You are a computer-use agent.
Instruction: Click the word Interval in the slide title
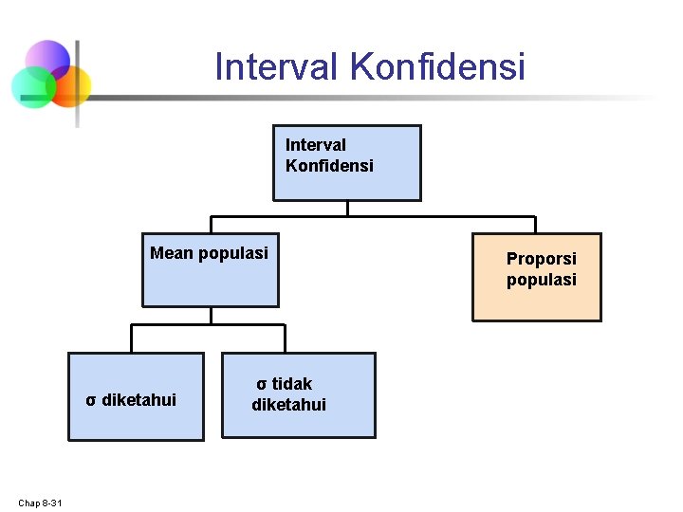click(277, 67)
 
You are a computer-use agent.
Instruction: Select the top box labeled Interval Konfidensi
click(346, 163)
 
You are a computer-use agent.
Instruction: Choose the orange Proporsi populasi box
click(537, 277)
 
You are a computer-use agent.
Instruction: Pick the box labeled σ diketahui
click(136, 396)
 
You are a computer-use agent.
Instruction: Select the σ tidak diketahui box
click(298, 395)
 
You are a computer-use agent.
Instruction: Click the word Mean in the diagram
click(172, 253)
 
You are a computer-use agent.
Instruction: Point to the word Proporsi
click(541, 259)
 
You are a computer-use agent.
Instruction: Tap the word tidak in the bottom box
click(292, 384)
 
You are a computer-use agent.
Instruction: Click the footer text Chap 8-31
click(40, 502)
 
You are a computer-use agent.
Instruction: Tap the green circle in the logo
click(32, 88)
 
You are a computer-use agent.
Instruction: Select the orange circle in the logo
click(70, 86)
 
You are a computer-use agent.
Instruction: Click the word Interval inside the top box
click(316, 145)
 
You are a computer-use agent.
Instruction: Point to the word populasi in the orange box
click(541, 280)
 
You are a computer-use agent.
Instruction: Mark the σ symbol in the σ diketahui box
click(90, 400)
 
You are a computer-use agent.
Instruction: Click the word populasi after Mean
click(233, 253)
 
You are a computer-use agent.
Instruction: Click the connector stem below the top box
click(347, 209)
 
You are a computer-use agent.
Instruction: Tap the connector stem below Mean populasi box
click(210, 316)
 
